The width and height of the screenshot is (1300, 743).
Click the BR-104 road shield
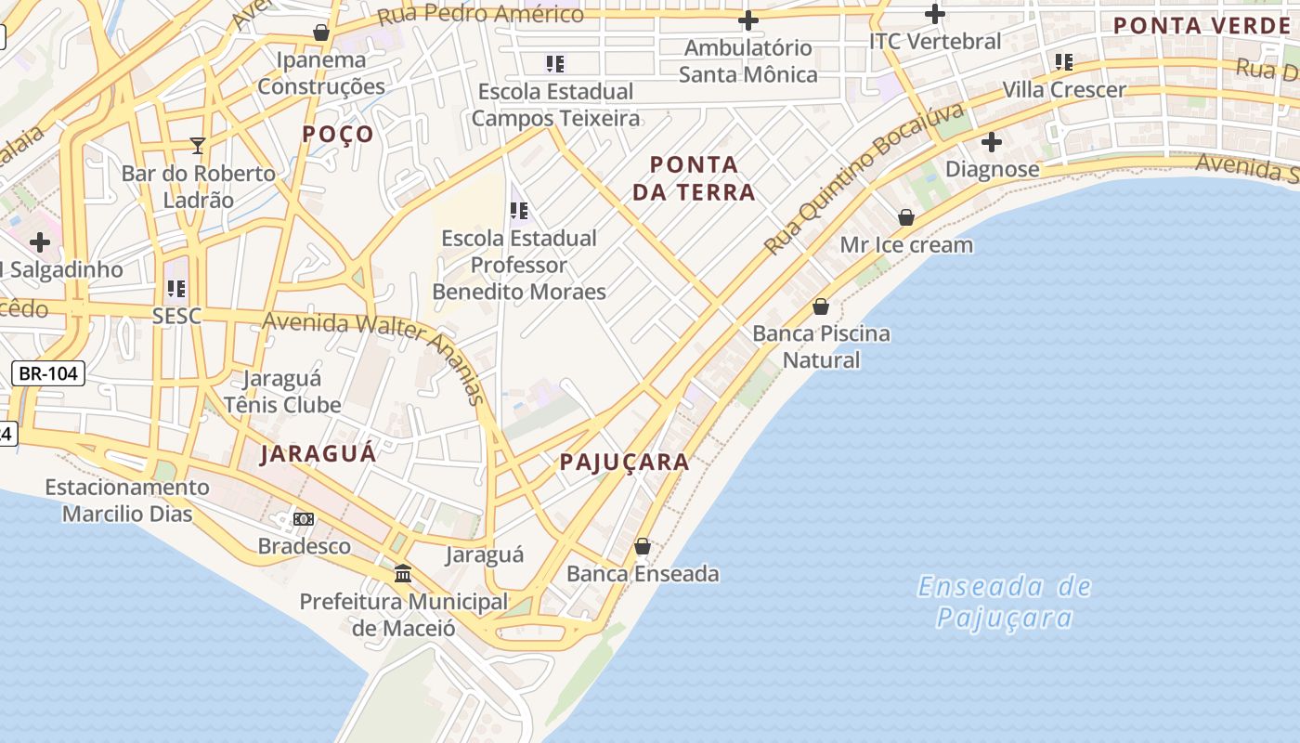pyautogui.click(x=48, y=373)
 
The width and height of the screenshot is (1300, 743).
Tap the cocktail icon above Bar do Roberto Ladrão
pyautogui.click(x=198, y=145)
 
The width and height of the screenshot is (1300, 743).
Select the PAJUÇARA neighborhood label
pyautogui.click(x=624, y=462)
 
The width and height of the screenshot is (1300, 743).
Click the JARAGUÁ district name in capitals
pyautogui.click(x=318, y=453)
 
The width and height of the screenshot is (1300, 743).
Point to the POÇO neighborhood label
pyautogui.click(x=338, y=134)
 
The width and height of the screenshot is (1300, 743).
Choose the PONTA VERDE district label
pyautogui.click(x=1202, y=25)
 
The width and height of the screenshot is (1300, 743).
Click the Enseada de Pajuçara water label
pyautogui.click(x=1004, y=602)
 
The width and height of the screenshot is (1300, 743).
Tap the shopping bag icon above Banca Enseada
pyautogui.click(x=642, y=546)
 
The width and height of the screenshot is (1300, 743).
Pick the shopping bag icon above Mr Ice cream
pyautogui.click(x=905, y=217)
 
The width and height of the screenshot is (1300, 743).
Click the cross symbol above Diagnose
pyautogui.click(x=991, y=142)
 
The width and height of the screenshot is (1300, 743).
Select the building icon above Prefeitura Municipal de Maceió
pyautogui.click(x=402, y=574)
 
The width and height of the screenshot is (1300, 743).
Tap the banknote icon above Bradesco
pyautogui.click(x=304, y=518)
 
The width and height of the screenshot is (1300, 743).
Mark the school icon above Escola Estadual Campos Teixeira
pyautogui.click(x=554, y=64)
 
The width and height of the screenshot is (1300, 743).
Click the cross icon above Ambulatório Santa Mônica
pyautogui.click(x=747, y=20)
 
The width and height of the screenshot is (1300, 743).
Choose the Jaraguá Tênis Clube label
pyautogui.click(x=282, y=392)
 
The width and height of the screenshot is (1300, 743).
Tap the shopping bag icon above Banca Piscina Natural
pyautogui.click(x=821, y=306)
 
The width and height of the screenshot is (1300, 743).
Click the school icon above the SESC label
pyautogui.click(x=176, y=288)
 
